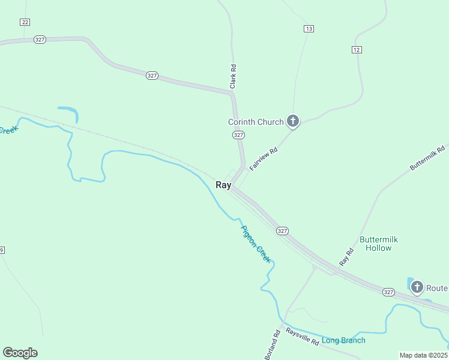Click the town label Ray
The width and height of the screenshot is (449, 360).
tap(223, 185)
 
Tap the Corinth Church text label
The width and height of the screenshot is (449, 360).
tap(255, 122)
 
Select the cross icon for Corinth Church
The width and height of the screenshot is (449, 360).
tap(293, 122)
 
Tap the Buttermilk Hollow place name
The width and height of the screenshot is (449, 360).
tap(378, 244)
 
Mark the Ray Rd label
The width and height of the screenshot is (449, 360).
tap(347, 257)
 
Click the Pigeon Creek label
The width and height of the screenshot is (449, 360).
tap(256, 244)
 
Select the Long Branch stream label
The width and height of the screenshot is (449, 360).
tap(343, 341)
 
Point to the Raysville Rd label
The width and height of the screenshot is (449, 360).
tap(302, 335)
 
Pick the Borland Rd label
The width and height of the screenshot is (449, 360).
tap(271, 345)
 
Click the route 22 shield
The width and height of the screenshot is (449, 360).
tap(25, 22)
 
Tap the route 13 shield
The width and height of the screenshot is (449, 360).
tap(309, 29)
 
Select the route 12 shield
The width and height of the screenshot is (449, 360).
tap(357, 49)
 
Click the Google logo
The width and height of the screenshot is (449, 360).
tap(20, 353)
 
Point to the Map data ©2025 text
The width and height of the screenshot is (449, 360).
tap(423, 355)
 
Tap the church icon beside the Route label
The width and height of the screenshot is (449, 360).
tap(417, 287)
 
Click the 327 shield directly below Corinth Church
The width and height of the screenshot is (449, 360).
tap(238, 135)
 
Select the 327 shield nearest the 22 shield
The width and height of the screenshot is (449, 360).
tap(40, 40)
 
